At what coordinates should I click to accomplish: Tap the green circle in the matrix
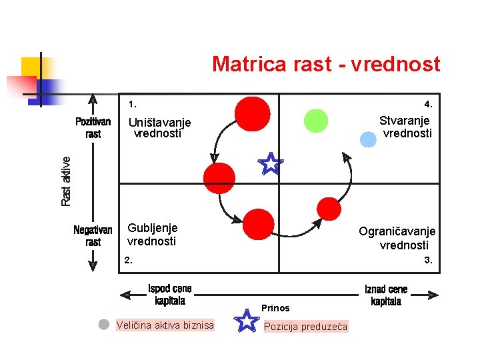coord(316,121)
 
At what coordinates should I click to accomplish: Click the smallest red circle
coord(328,208)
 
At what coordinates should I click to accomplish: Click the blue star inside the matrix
coord(271,163)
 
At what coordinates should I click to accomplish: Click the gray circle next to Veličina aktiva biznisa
coord(103,325)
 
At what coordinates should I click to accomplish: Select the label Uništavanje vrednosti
coord(159,127)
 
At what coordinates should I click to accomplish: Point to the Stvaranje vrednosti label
coord(405,127)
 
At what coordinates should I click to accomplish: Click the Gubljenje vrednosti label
coord(152,234)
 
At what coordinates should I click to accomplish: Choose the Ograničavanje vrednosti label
coord(397,238)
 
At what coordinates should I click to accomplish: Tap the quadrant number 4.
coord(429,104)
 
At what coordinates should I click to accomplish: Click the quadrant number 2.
coord(128,261)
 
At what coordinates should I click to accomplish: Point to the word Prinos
coord(275,308)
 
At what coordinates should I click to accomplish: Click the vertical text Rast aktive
coord(65,181)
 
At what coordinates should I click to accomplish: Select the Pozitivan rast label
coord(93,128)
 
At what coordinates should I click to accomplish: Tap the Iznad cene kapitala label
coord(386,295)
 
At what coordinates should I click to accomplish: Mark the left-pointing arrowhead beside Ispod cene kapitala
coord(124,295)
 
